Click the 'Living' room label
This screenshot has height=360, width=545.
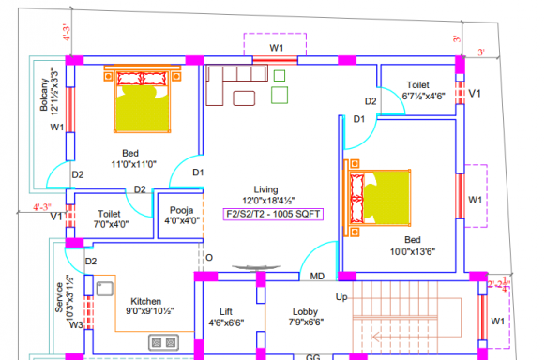(x=265, y=188)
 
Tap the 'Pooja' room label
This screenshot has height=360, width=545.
(x=182, y=210)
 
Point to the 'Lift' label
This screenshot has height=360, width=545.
(x=226, y=310)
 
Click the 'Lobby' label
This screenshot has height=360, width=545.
(x=305, y=310)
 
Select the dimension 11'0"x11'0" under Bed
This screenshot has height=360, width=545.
(x=133, y=164)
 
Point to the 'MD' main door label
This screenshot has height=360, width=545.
(x=317, y=277)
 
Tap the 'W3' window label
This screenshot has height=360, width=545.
(x=76, y=325)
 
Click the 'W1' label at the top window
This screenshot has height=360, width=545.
(x=277, y=47)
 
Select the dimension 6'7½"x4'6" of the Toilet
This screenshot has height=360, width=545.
(x=424, y=96)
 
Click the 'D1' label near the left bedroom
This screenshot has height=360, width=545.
(x=199, y=172)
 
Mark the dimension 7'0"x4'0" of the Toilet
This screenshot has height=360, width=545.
(x=111, y=224)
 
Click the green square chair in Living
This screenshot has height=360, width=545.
(x=280, y=95)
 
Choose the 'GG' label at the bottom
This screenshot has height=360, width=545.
(x=313, y=356)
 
